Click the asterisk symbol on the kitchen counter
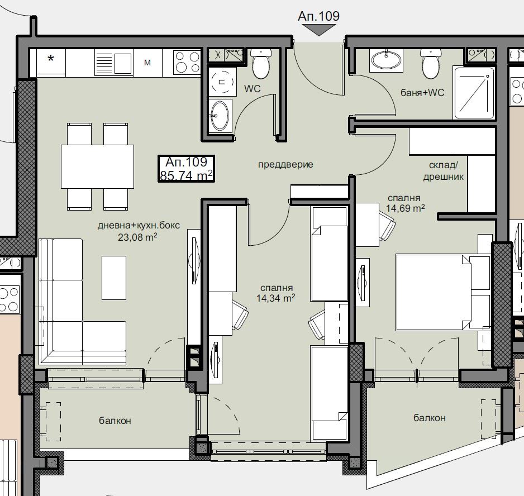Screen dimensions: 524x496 tap(51, 59)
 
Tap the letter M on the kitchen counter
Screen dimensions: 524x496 tap(147, 63)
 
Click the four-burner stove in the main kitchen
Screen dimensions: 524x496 tap(187, 62)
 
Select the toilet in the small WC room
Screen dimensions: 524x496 tap(261, 63)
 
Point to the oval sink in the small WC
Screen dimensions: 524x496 tap(220, 115)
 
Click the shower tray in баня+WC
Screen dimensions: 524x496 tap(474, 93)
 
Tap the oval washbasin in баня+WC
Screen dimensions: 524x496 tap(387, 60)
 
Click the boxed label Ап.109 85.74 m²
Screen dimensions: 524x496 tap(186, 169)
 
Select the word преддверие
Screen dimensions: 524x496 tap(285, 164)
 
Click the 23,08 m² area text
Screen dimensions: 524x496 tap(137, 237)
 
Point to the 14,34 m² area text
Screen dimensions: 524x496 tap(276, 298)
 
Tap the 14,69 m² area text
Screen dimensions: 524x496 tap(406, 208)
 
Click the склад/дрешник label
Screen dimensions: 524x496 tap(443, 171)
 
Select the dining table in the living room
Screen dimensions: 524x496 tap(97, 166)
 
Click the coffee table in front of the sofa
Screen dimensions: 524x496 tap(114, 278)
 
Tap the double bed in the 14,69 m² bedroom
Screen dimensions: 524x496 tap(443, 292)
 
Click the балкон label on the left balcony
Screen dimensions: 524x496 tap(115, 421)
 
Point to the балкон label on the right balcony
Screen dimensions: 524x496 tap(430, 418)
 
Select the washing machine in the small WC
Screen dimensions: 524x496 tap(221, 82)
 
